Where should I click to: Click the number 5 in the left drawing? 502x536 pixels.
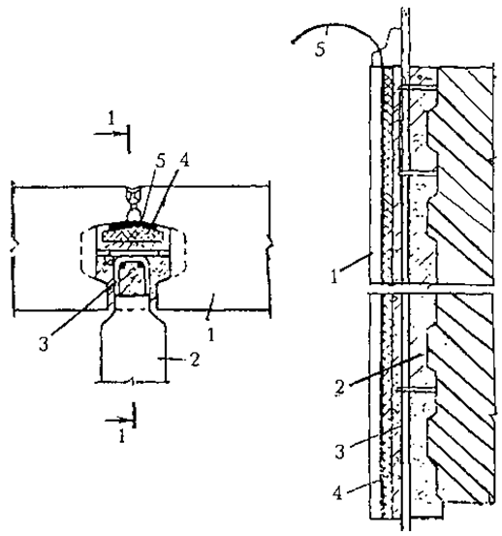pyautogui.click(x=160, y=161)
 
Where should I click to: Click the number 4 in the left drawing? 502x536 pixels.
pyautogui.click(x=183, y=159)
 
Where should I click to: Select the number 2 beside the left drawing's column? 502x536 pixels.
pyautogui.click(x=195, y=360)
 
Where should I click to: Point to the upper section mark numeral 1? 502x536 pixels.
pyautogui.click(x=111, y=118)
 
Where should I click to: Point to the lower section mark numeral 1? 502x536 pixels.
pyautogui.click(x=122, y=436)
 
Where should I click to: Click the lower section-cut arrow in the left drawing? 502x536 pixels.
pyautogui.click(x=118, y=420)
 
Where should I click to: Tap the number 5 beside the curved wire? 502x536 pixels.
pyautogui.click(x=320, y=49)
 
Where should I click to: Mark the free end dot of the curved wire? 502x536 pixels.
pyautogui.click(x=293, y=42)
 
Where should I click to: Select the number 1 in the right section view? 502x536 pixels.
pyautogui.click(x=334, y=277)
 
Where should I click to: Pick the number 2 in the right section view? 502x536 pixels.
pyautogui.click(x=340, y=388)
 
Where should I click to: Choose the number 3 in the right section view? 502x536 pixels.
pyautogui.click(x=339, y=452)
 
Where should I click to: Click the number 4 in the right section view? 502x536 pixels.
pyautogui.click(x=338, y=493)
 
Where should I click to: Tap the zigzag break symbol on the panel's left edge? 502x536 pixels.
pyautogui.click(x=14, y=247)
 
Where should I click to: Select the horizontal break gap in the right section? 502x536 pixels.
pyautogui.click(x=431, y=288)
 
